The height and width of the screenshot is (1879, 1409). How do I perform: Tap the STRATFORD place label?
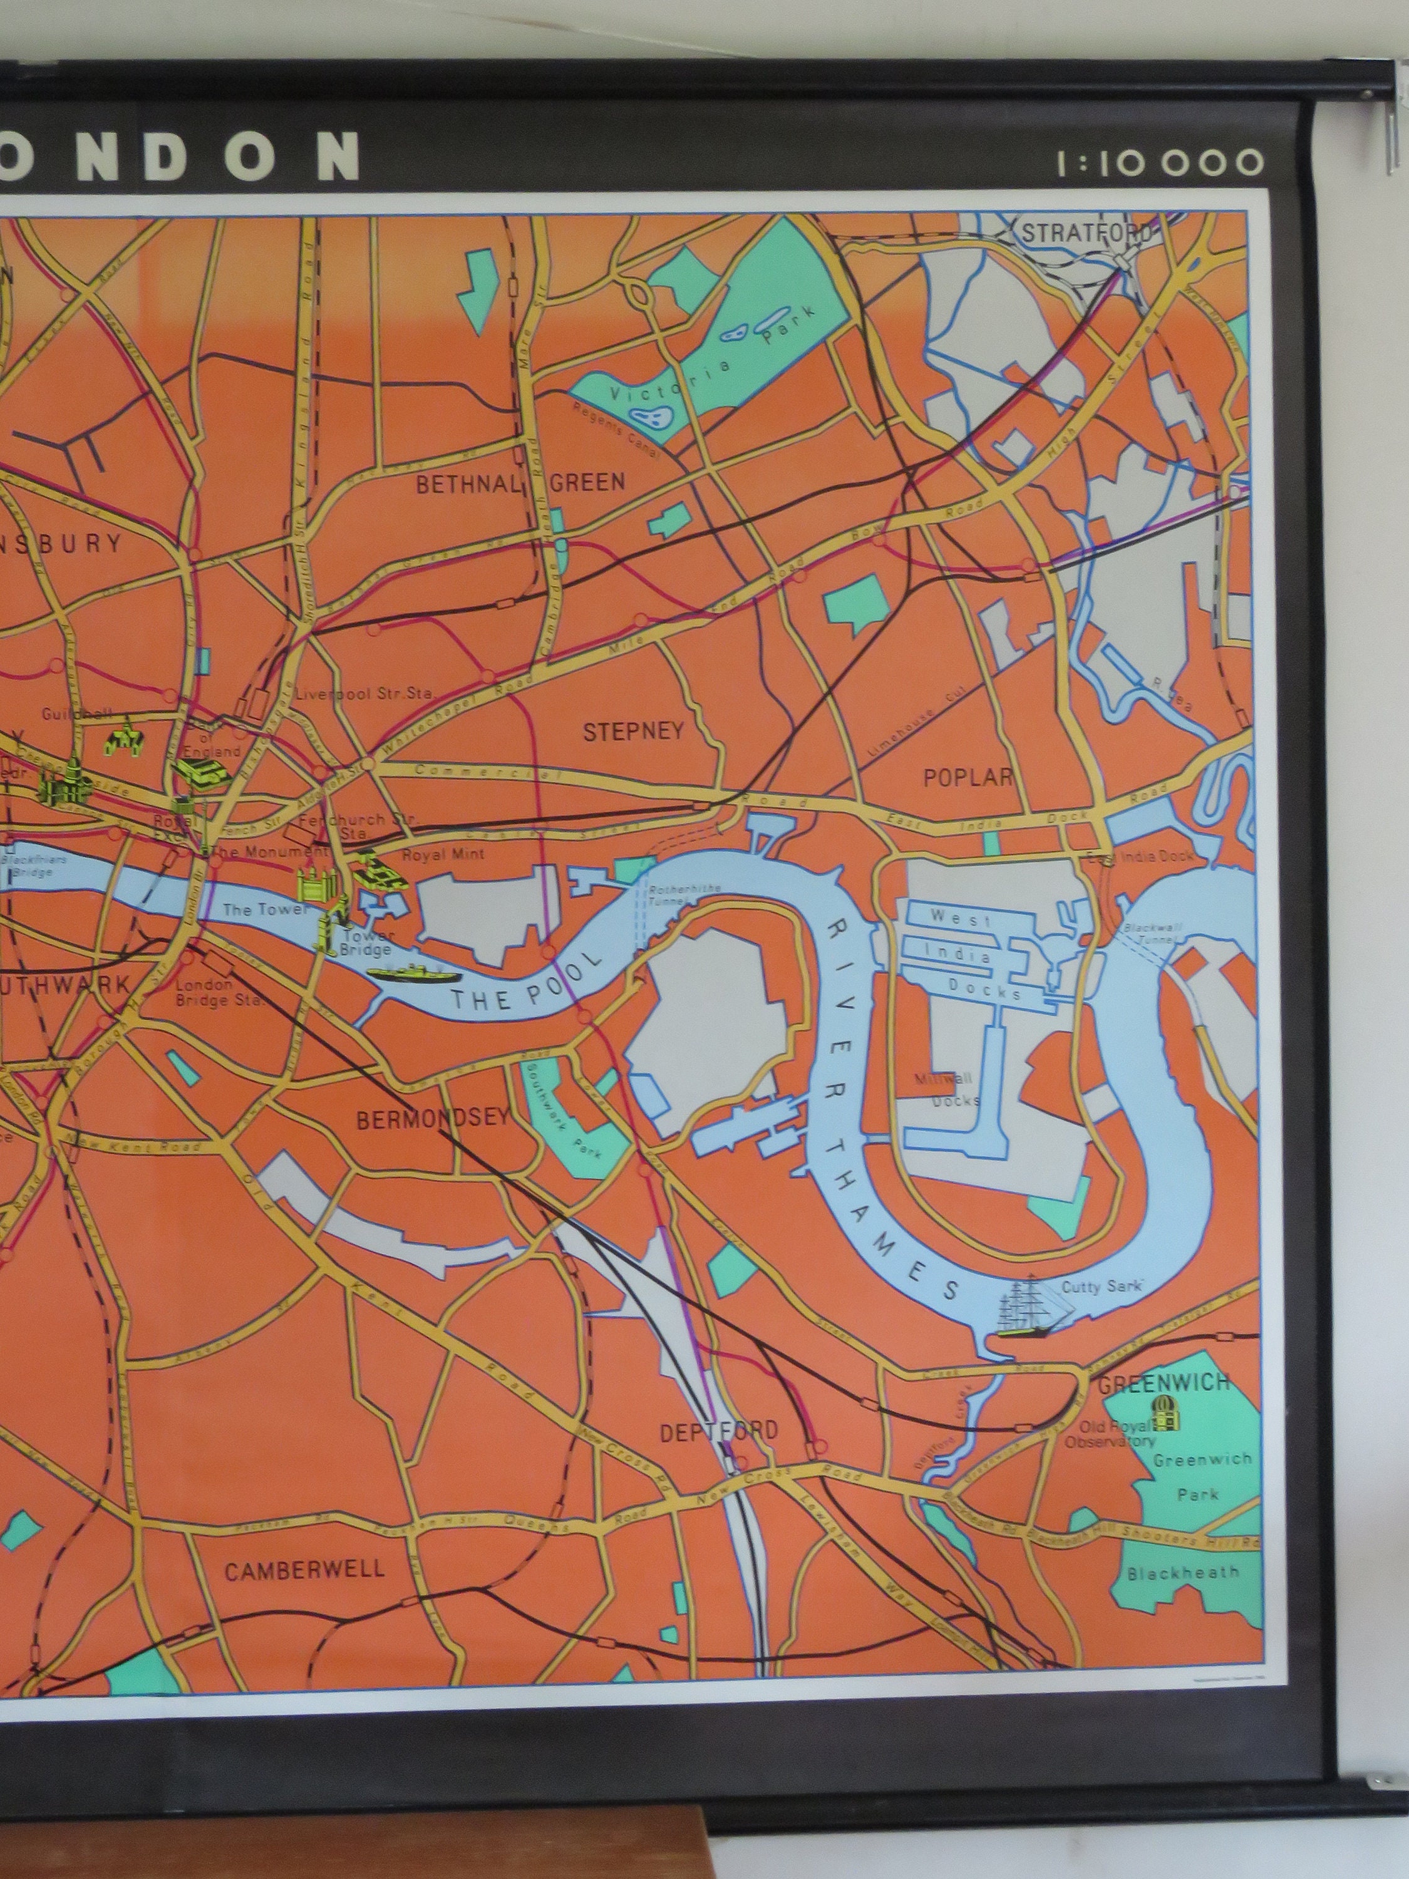coord(1086,233)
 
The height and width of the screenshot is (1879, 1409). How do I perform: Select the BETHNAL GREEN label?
coord(520,484)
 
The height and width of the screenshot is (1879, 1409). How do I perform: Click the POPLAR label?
coord(968,777)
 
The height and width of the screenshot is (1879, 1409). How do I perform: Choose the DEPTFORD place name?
coord(718,1431)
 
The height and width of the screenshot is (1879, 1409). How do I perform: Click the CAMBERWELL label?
coord(304,1569)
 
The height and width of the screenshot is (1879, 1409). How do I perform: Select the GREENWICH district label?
coord(1164,1383)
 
